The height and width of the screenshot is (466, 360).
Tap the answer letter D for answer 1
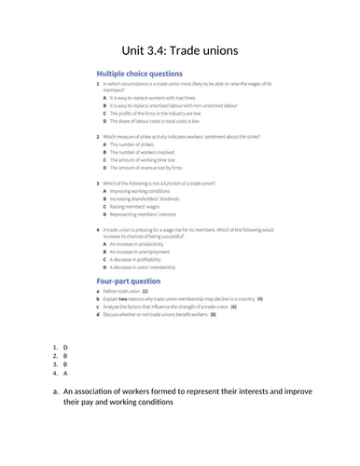pyautogui.click(x=65, y=348)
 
